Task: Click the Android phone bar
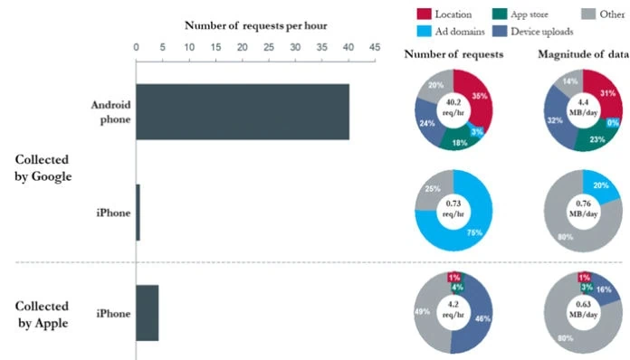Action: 243,112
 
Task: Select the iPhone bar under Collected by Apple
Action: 148,313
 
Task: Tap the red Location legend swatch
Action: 424,14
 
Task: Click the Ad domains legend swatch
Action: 424,32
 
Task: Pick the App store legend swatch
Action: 500,14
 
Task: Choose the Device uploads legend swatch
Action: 500,32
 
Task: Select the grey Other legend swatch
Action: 588,14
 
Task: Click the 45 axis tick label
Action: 375,47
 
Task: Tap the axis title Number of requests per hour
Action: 256,25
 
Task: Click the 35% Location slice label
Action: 480,96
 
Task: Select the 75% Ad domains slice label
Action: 474,232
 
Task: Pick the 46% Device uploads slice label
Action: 482,318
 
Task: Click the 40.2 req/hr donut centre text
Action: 453,108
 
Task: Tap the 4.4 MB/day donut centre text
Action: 583,108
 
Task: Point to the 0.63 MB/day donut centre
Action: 583,309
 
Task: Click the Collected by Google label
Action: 43,167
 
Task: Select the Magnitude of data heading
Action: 584,54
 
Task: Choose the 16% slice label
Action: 604,289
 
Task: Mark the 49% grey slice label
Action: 423,311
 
